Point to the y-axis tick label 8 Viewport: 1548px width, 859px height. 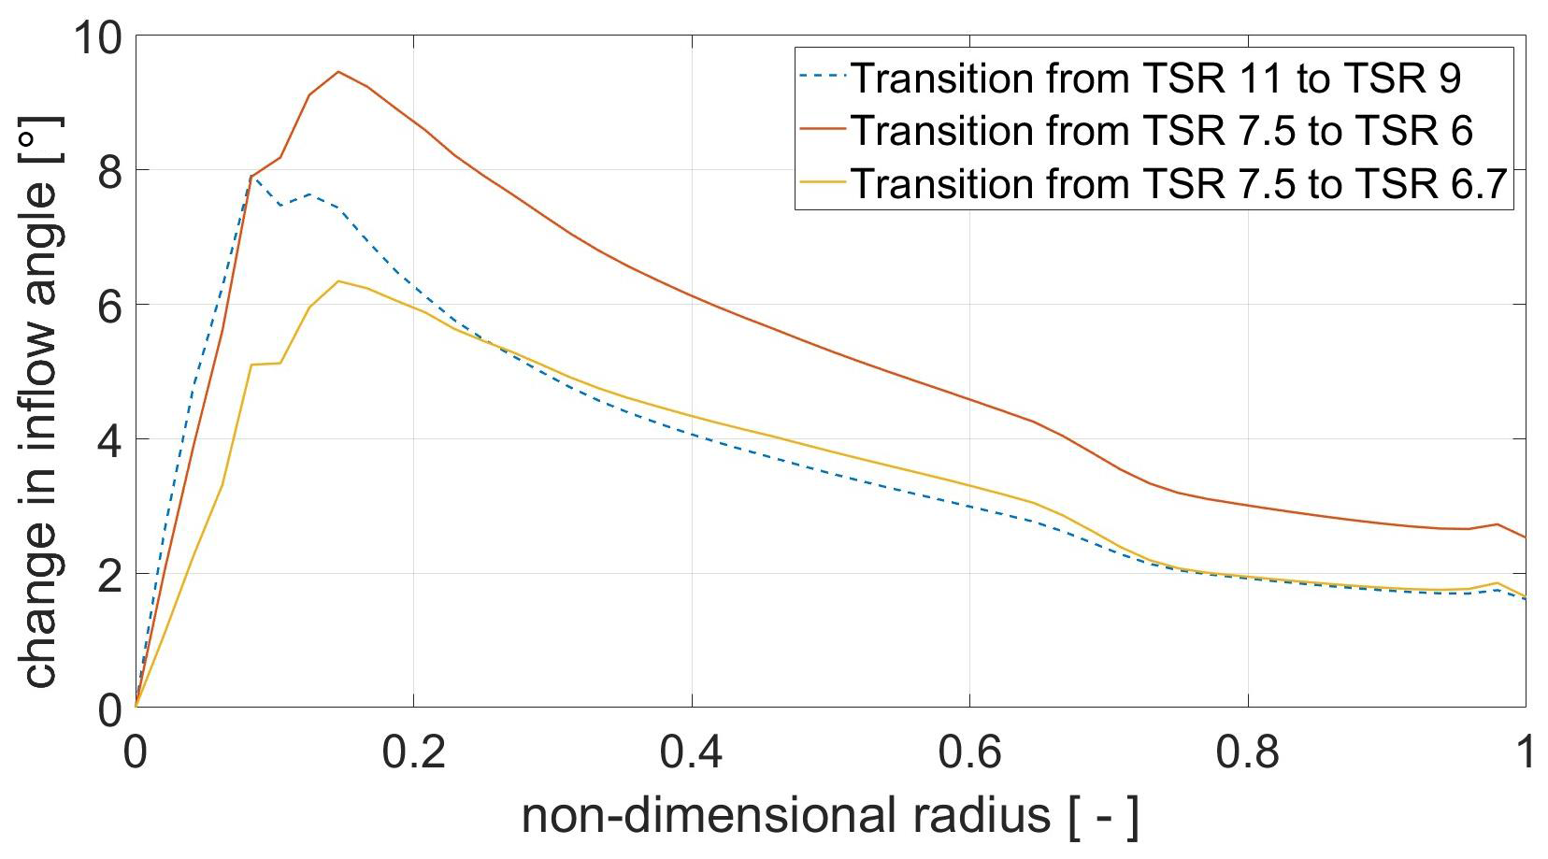click(108, 171)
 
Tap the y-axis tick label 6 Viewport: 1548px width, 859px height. click(108, 306)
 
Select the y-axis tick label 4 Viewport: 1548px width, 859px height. click(108, 440)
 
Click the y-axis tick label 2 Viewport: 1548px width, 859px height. click(108, 575)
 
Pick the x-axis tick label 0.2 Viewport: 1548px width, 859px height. click(413, 751)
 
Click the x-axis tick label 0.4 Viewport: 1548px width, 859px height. click(692, 751)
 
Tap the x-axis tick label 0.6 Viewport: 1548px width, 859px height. click(969, 751)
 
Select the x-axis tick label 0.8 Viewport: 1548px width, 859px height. click(1248, 751)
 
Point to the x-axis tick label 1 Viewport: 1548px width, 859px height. click(1525, 751)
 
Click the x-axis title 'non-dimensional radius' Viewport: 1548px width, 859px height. click(830, 816)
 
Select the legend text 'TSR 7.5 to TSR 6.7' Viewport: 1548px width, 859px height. click(1179, 183)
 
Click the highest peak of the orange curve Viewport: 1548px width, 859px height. click(337, 72)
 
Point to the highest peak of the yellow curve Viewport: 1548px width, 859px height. click(337, 281)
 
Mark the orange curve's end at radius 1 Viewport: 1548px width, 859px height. click(1525, 537)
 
